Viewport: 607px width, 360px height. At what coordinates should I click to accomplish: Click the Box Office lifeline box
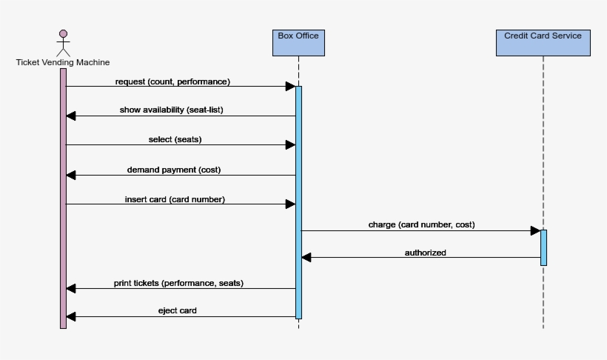(x=298, y=42)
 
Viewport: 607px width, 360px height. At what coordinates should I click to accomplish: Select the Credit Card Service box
(x=543, y=42)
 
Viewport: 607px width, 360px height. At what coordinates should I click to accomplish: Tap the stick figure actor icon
(x=63, y=42)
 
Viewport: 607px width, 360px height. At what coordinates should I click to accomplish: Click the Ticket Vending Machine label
(x=63, y=63)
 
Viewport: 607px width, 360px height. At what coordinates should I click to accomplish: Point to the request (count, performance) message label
(x=172, y=81)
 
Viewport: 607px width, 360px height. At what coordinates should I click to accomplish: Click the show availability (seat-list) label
(x=171, y=110)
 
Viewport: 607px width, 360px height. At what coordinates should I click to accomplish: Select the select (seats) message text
(x=175, y=139)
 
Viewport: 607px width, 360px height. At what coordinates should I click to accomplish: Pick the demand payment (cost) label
(x=173, y=170)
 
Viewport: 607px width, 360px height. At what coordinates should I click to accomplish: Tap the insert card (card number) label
(x=175, y=199)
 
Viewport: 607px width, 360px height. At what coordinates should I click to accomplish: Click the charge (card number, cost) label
(x=421, y=224)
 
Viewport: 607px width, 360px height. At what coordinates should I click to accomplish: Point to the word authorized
(x=425, y=253)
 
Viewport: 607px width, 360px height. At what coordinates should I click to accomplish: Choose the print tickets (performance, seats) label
(x=178, y=283)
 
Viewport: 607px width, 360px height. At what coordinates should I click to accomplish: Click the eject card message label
(x=177, y=311)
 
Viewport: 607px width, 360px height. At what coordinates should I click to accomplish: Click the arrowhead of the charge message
(x=535, y=231)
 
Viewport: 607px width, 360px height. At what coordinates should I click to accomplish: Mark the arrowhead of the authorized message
(x=306, y=257)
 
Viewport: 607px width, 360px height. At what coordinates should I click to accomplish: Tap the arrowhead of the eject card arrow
(x=71, y=317)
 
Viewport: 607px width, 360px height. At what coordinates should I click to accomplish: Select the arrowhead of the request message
(x=290, y=87)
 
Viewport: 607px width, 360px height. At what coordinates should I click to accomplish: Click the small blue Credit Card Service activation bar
(x=543, y=247)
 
